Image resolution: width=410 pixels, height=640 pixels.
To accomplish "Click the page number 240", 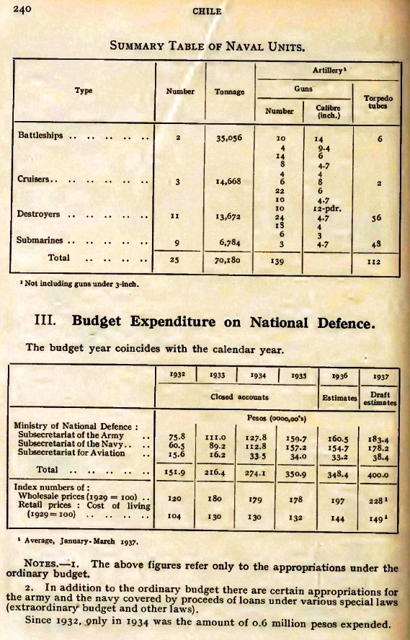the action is coord(22,9).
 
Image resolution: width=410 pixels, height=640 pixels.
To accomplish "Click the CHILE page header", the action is coord(207,12).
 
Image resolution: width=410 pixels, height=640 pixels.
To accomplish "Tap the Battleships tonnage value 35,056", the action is coord(229,138).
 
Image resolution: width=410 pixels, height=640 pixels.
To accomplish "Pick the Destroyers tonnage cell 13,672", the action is coord(229,216).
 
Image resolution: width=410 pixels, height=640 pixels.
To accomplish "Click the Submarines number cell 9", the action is coord(177,243).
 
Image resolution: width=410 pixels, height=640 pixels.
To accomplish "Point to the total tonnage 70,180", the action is coord(227,259).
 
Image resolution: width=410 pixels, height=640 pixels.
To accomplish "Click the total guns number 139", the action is coord(277,261).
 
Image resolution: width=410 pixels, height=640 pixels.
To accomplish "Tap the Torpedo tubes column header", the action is coord(378,102).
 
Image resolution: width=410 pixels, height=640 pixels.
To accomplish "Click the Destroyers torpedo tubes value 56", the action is coord(376,218).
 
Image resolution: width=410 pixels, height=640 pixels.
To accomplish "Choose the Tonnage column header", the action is coord(229,92).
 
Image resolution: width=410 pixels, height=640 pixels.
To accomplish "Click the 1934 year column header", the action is coord(258,375).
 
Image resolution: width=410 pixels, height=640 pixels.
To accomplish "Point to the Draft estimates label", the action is coord(380,399).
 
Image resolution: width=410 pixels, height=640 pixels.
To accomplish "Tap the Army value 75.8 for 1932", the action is coord(177,437).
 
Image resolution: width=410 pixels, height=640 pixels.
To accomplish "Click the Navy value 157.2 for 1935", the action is coord(296,448).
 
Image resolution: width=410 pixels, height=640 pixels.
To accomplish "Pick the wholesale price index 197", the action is coord(338,501).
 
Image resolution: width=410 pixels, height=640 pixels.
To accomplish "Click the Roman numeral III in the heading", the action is coord(45,319).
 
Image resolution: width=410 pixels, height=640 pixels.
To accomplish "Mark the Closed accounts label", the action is coord(239,396).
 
